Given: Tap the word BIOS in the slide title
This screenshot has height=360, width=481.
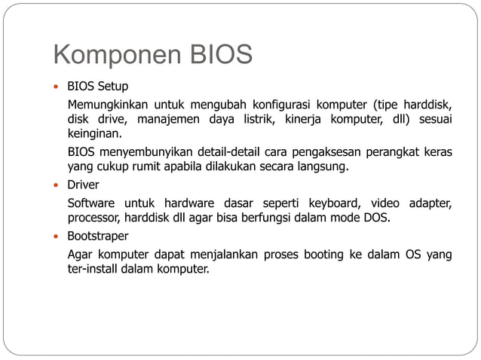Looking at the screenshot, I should (224, 56).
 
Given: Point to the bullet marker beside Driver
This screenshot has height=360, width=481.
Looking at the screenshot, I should (57, 185).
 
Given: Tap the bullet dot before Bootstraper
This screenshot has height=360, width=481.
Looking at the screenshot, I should (57, 236).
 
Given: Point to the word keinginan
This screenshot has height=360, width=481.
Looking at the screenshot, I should (94, 134).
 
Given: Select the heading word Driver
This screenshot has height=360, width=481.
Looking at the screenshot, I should (84, 185).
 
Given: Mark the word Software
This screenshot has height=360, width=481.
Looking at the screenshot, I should (91, 203).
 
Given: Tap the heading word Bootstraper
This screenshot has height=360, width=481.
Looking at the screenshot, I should (98, 236).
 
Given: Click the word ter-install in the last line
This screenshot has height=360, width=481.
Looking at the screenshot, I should (93, 270).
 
